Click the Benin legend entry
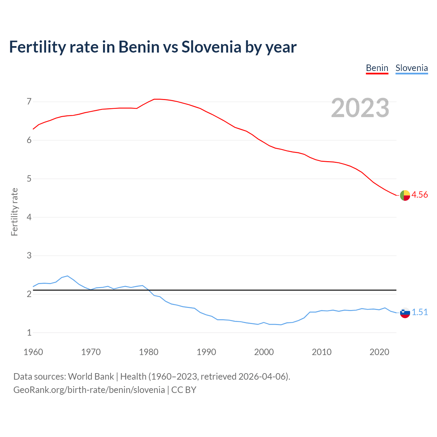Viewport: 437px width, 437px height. point(377,68)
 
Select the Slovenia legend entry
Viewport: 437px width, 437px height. point(411,68)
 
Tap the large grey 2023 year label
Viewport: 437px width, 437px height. point(360,108)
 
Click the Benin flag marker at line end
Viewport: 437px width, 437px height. point(405,195)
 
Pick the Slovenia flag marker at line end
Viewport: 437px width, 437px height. point(405,313)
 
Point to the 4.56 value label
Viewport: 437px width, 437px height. point(420,195)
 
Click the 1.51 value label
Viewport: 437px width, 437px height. point(420,312)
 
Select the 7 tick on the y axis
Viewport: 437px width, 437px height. point(29,102)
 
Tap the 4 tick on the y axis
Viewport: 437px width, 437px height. point(29,217)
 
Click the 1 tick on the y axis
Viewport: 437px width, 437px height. point(29,333)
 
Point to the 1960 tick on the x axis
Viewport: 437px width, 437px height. point(33,352)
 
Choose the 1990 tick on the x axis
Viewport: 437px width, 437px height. point(206,352)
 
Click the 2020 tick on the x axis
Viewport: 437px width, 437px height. point(379,352)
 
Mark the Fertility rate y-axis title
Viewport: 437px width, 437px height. point(14,212)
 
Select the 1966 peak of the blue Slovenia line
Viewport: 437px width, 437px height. point(68,276)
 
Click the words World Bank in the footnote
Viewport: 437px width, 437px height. point(91,377)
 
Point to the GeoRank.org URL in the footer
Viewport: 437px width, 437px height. point(89,390)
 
